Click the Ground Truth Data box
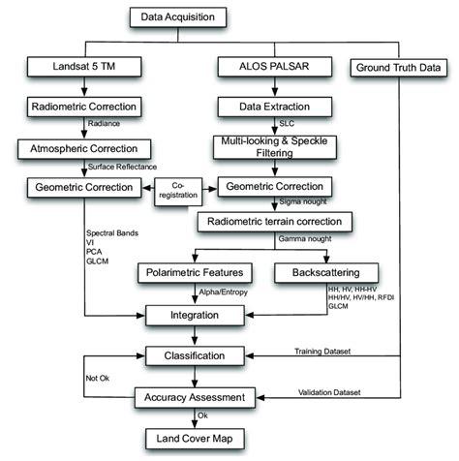399,68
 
